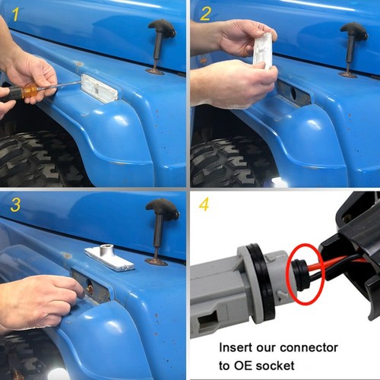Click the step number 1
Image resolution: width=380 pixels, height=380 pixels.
point(14,14)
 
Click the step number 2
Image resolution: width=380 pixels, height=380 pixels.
point(205,14)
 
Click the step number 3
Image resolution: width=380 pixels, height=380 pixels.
point(14,205)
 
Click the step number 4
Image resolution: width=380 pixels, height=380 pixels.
point(205,206)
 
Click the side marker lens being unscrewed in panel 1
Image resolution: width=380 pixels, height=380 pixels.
point(99,88)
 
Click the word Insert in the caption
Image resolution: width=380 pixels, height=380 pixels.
point(237,347)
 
